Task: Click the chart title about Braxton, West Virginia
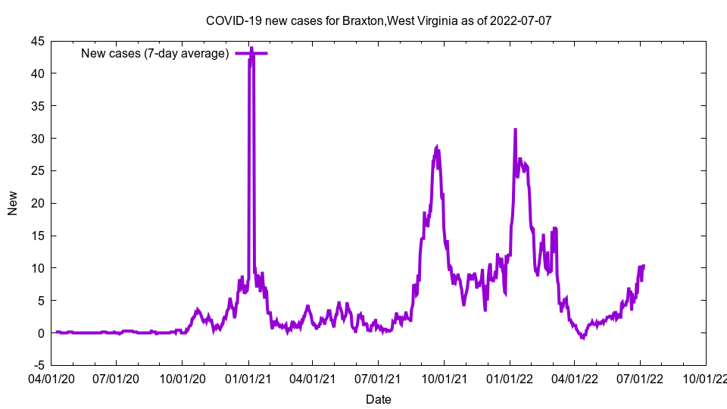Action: pyautogui.click(x=378, y=20)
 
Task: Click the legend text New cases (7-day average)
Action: pyautogui.click(x=154, y=53)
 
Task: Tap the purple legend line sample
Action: pyautogui.click(x=250, y=53)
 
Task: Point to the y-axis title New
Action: pyautogui.click(x=13, y=203)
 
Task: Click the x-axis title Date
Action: pyautogui.click(x=378, y=399)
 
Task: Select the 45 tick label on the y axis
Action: pyautogui.click(x=37, y=41)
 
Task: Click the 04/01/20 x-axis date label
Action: pyautogui.click(x=51, y=377)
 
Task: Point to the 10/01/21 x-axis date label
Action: pyautogui.click(x=444, y=377)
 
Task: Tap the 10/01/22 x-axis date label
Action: pyautogui.click(x=706, y=377)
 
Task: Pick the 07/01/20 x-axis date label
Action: pyautogui.click(x=117, y=377)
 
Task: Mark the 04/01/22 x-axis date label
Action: pyautogui.click(x=574, y=377)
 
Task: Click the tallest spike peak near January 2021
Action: pyautogui.click(x=251, y=48)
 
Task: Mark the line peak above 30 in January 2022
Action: pyautogui.click(x=515, y=130)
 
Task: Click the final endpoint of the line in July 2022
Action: pyautogui.click(x=644, y=266)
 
